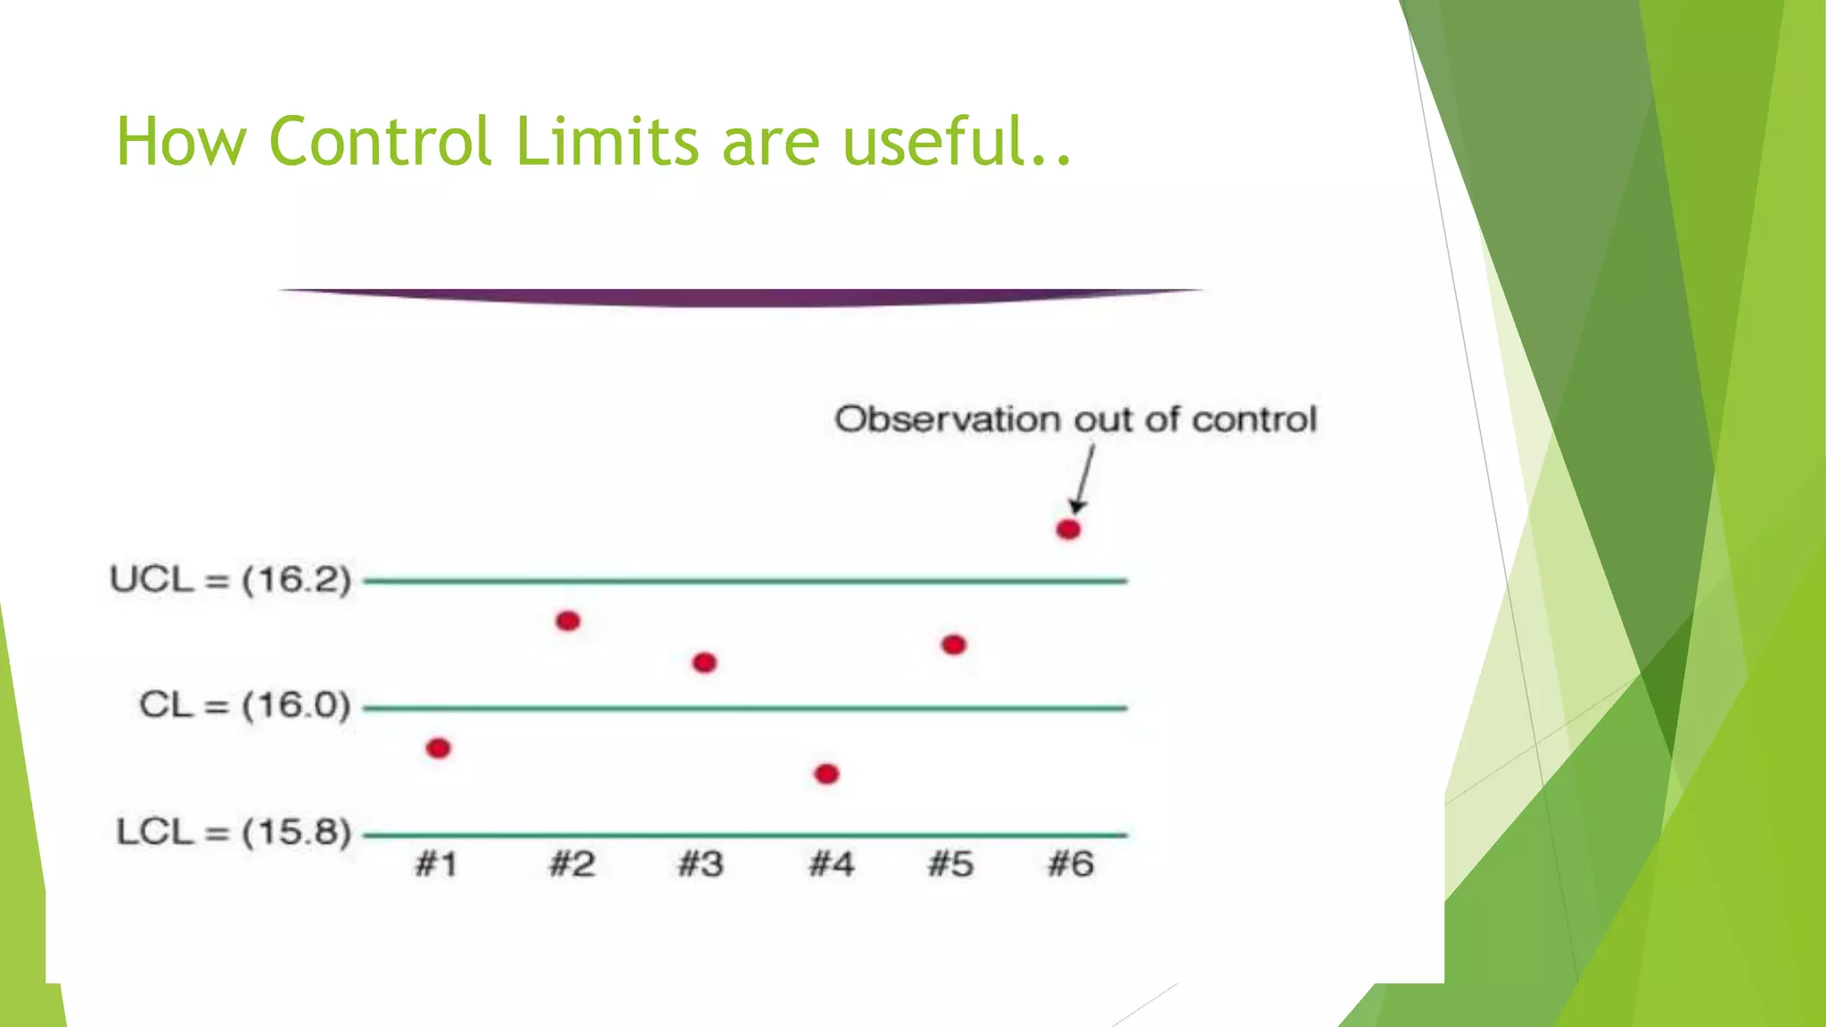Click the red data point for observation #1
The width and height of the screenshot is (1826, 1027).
coord(438,748)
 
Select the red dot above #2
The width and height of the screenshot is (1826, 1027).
coord(568,620)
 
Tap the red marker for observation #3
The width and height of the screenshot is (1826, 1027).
coord(704,662)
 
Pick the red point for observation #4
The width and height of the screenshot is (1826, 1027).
coord(827,773)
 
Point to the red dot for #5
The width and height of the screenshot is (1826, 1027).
coord(953,645)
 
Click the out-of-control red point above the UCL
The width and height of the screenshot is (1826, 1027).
coord(1068,530)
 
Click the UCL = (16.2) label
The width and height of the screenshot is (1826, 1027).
coord(230,580)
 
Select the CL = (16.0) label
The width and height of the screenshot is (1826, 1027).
coord(244,706)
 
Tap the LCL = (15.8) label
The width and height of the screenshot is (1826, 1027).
coord(234,833)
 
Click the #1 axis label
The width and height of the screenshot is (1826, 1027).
coord(436,864)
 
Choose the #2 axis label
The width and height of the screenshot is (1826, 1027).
coord(572,864)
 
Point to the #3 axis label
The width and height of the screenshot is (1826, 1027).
coord(701,864)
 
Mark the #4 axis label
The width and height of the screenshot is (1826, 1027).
coord(831,864)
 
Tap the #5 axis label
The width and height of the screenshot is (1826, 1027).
coord(950,864)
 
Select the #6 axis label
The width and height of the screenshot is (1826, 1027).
coord(1070,864)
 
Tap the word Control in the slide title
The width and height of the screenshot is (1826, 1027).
coord(380,142)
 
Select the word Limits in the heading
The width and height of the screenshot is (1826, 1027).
coord(607,142)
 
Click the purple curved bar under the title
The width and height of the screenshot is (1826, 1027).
coord(740,297)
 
